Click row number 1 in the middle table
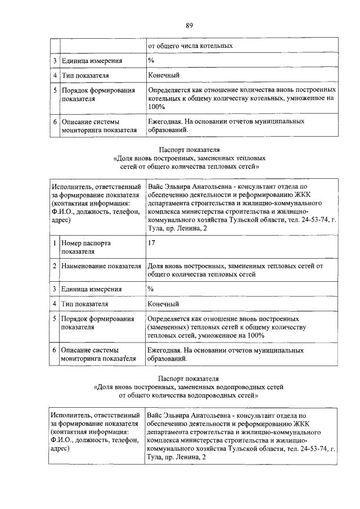pos(54,243)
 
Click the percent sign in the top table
pos(151,60)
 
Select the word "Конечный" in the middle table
pos(163,304)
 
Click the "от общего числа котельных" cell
pos(190,45)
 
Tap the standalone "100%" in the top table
pos(156,106)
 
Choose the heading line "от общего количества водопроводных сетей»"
pos(189,395)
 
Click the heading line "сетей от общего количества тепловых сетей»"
pos(190,166)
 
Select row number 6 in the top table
pos(54,121)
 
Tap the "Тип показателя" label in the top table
pos(85,75)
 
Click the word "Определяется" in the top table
pos(169,90)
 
